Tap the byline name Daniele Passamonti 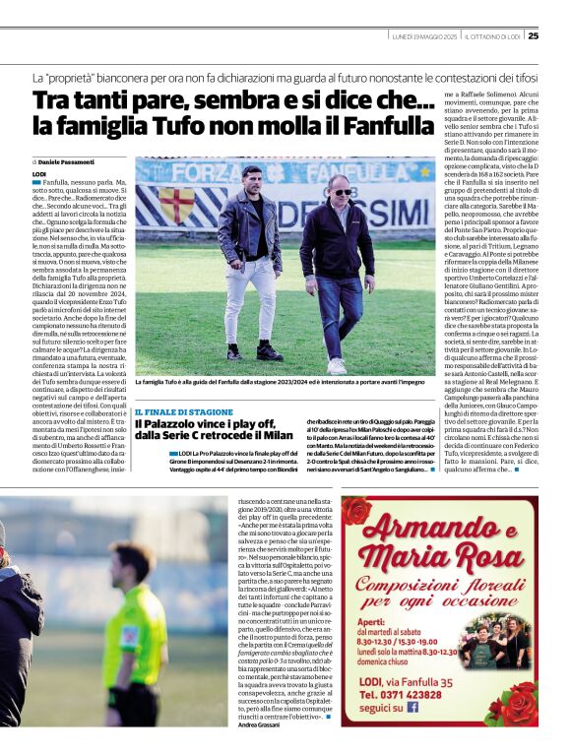click(x=66, y=160)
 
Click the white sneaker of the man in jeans click(x=338, y=365)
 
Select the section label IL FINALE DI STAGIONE click(x=184, y=411)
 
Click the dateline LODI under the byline click(x=39, y=173)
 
